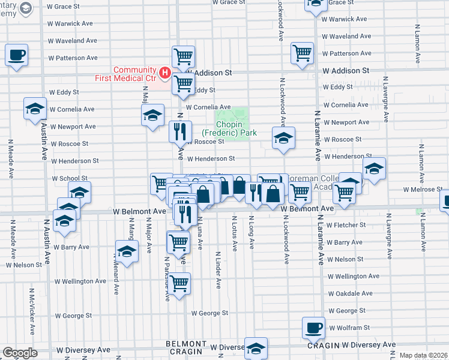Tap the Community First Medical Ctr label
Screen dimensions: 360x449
[126, 74]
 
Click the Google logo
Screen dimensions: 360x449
[20, 353]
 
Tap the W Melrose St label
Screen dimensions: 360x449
[423, 190]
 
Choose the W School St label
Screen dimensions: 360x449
[70, 178]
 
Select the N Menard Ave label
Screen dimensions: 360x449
[115, 274]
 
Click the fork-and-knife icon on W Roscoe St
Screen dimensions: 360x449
[180, 131]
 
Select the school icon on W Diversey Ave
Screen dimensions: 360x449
[256, 348]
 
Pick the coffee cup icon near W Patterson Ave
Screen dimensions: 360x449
[16, 55]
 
